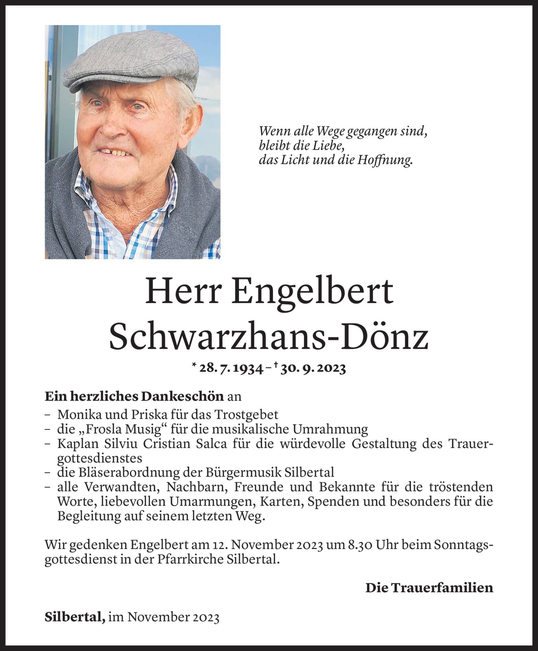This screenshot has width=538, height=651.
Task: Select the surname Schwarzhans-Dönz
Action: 269,338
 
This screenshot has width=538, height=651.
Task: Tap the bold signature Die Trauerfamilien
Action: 429,587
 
